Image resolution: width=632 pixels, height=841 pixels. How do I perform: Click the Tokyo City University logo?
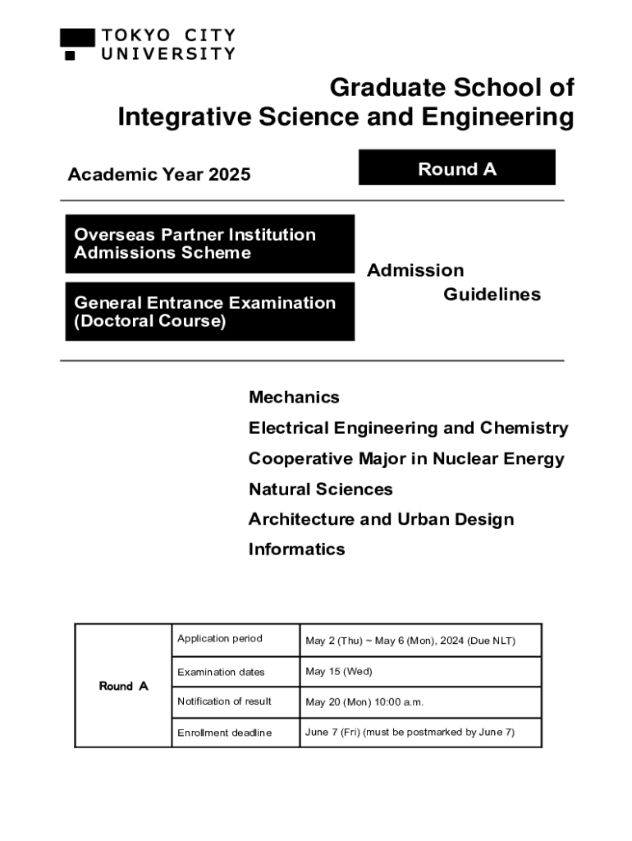[x=148, y=44]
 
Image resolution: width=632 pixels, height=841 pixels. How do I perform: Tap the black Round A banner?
[x=456, y=168]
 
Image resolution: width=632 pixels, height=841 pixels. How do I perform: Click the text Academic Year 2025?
[x=159, y=174]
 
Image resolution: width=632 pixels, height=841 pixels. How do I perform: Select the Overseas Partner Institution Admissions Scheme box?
[x=209, y=244]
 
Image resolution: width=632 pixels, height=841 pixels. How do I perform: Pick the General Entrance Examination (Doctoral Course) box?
[x=209, y=311]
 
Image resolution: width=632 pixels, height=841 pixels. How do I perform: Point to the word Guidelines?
[x=492, y=294]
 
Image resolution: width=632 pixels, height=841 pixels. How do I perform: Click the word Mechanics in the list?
[x=294, y=398]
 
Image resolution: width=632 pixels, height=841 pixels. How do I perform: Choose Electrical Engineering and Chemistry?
[x=408, y=428]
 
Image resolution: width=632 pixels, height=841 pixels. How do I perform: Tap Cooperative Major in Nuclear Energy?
[x=406, y=458]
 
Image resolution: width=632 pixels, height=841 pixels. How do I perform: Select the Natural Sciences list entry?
[x=320, y=489]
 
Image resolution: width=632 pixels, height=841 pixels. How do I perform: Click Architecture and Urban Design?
[x=381, y=519]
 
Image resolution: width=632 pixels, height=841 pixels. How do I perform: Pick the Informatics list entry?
[x=296, y=549]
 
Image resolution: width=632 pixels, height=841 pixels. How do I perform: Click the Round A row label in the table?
[x=124, y=686]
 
